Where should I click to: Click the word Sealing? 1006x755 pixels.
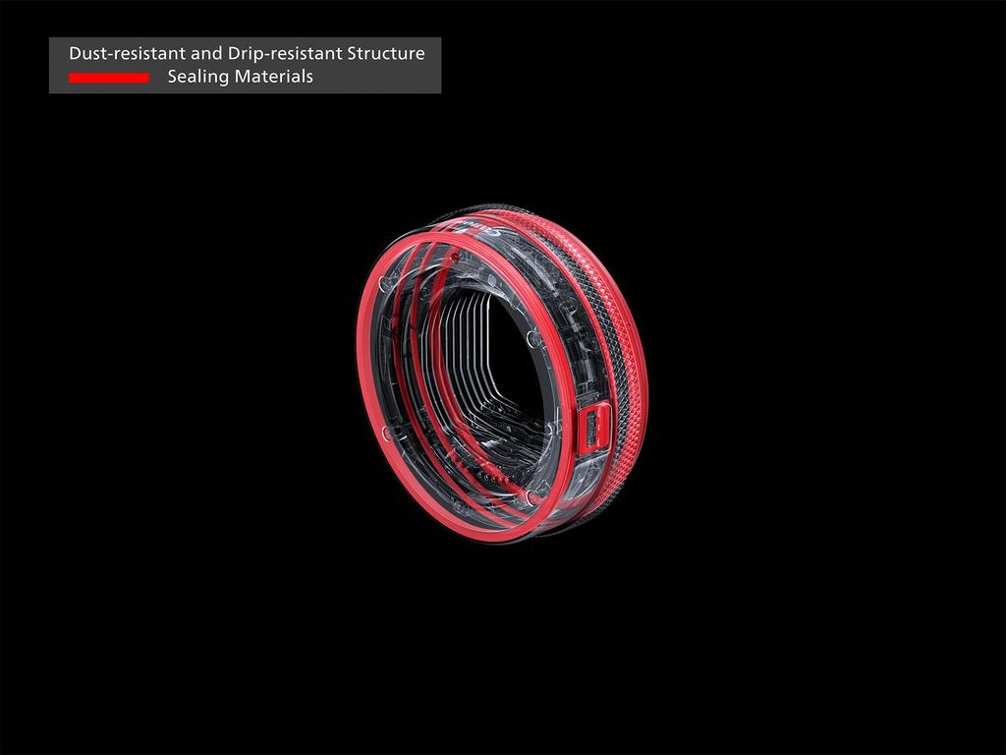coord(196,77)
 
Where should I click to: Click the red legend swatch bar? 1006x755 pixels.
coord(108,78)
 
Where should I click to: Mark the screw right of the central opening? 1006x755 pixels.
coord(531,339)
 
